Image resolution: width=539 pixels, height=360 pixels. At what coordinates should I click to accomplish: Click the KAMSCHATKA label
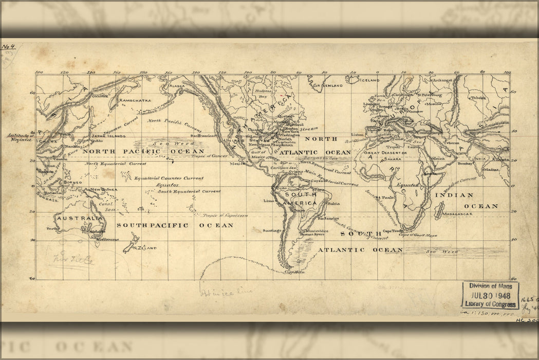tap(136, 100)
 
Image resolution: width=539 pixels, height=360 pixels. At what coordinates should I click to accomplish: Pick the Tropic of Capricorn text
tap(225, 216)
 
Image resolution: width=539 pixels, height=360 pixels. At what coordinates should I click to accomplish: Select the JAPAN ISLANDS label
tap(108, 136)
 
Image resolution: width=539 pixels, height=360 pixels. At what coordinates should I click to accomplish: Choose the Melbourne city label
tap(107, 239)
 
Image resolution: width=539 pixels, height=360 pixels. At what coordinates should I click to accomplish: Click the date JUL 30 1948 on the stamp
tap(490, 296)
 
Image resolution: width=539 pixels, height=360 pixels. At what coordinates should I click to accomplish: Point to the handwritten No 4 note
tap(9, 47)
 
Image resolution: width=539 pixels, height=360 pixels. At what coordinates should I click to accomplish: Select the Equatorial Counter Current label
tap(169, 178)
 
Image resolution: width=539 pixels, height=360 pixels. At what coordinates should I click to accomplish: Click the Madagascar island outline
tap(439, 210)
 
